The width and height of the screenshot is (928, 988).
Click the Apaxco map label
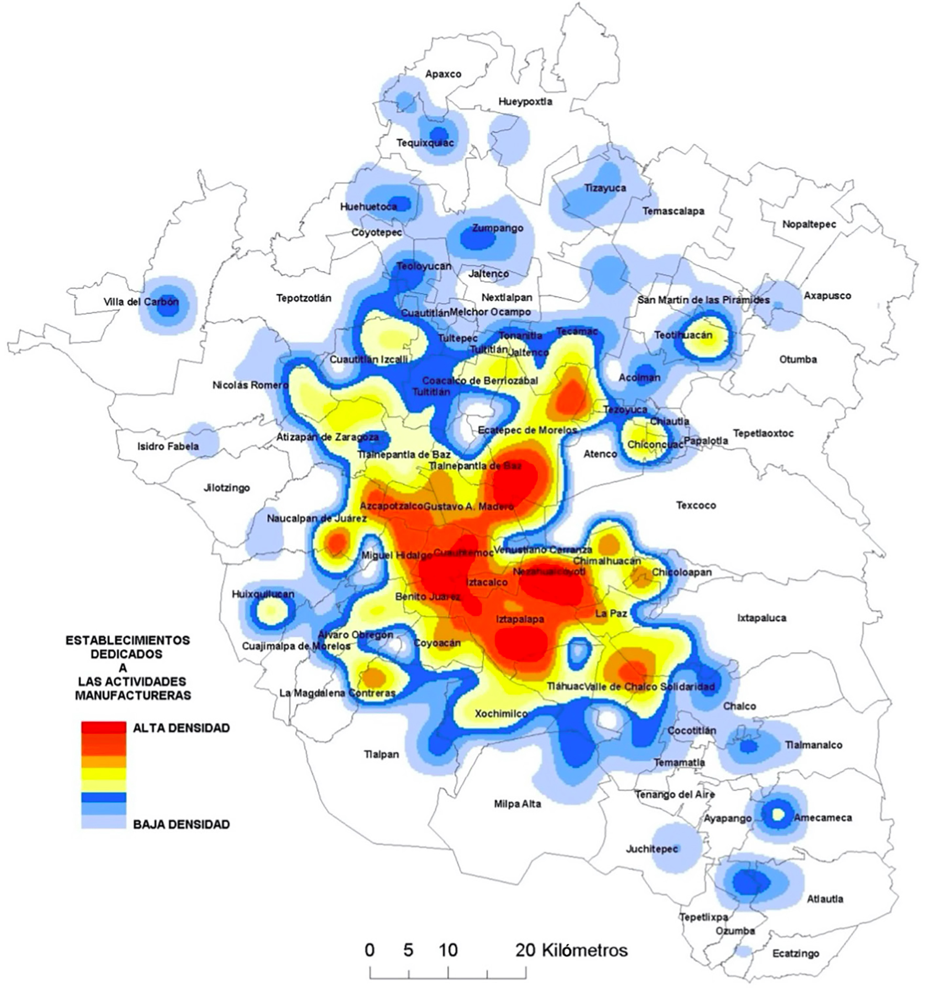[x=443, y=74]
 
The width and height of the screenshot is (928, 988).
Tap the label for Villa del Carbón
[x=141, y=302]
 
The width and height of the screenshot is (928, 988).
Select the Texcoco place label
[x=695, y=505]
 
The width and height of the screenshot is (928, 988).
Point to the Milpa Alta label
[x=517, y=804]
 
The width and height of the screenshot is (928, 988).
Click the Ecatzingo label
[x=796, y=953]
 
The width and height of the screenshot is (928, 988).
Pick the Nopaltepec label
[x=809, y=224]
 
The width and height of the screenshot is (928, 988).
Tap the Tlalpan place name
[x=381, y=754]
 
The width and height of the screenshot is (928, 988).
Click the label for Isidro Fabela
[x=168, y=447]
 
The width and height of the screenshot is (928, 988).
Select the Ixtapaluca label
[x=761, y=618]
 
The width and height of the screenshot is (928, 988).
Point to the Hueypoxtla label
[x=525, y=102]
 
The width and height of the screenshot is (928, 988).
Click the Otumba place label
[x=798, y=360]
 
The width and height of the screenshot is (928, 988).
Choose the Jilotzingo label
[x=227, y=488]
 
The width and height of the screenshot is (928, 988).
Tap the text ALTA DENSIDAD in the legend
[x=181, y=728]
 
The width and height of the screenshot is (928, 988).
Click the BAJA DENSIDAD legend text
[x=181, y=824]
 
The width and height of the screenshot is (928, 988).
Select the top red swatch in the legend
[x=104, y=728]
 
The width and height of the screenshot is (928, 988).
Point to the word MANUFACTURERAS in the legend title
[x=133, y=696]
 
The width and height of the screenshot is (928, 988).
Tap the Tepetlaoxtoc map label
[x=763, y=433]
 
